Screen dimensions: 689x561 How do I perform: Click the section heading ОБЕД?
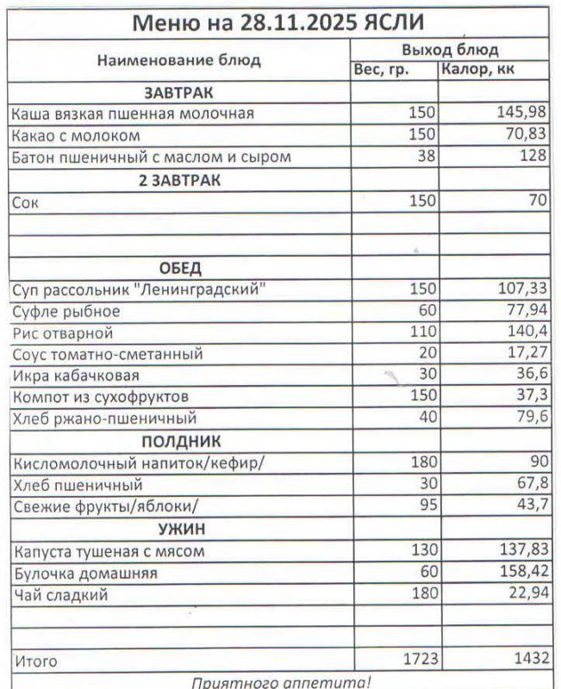pyautogui.click(x=180, y=268)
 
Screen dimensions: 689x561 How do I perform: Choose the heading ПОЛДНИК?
pyautogui.click(x=180, y=442)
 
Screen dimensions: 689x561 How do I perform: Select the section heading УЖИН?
pyautogui.click(x=180, y=529)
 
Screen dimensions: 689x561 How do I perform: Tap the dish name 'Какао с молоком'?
pyautogui.click(x=76, y=135)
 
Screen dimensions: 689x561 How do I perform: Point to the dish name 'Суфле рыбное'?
pyautogui.click(x=66, y=311)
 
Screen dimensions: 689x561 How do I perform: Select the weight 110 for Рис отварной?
pyautogui.click(x=423, y=332)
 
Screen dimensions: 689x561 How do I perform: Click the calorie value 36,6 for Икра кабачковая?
pyautogui.click(x=531, y=376)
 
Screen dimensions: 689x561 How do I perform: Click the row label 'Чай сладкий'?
pyautogui.click(x=60, y=594)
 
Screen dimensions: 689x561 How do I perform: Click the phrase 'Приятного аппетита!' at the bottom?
pyautogui.click(x=280, y=682)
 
